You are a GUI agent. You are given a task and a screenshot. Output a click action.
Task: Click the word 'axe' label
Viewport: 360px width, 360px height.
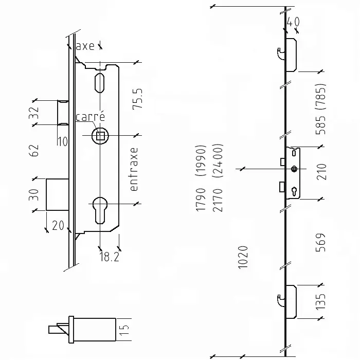[85, 46]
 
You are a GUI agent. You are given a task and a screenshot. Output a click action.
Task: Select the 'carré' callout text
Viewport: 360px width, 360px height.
[90, 117]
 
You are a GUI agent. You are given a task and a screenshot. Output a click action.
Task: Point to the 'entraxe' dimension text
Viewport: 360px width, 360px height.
[135, 169]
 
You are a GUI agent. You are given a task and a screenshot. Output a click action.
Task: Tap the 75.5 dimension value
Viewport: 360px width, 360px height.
[137, 98]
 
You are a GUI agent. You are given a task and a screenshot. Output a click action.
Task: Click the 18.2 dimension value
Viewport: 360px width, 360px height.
[109, 257]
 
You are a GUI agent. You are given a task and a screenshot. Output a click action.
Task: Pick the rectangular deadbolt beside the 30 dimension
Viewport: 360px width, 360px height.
[57, 194]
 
